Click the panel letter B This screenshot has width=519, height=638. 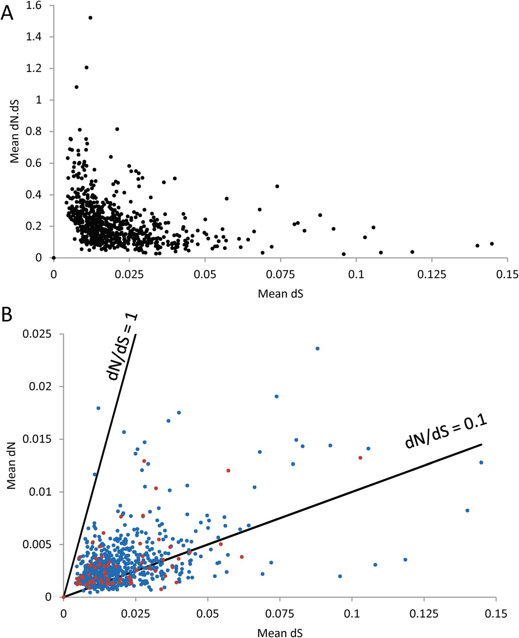click(7, 315)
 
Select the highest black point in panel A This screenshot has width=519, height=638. click(90, 17)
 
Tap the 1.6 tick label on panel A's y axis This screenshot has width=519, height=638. click(34, 5)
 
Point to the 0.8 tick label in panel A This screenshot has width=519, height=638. click(34, 131)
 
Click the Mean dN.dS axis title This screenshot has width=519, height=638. click(15, 131)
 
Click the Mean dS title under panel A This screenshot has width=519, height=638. click(280, 294)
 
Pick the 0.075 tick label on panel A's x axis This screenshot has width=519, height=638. click(280, 275)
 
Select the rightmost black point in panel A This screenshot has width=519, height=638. click(492, 244)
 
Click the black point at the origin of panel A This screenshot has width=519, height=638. click(54, 258)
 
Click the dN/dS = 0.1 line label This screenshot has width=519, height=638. click(446, 432)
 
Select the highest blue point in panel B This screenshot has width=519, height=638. click(317, 348)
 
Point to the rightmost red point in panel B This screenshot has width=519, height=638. click(360, 458)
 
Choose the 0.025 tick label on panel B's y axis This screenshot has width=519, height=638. click(37, 334)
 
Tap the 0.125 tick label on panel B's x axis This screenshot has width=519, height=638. click(424, 613)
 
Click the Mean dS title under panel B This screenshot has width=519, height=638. click(280, 633)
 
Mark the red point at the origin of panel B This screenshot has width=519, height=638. click(64, 597)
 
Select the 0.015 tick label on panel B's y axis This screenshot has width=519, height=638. click(37, 439)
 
